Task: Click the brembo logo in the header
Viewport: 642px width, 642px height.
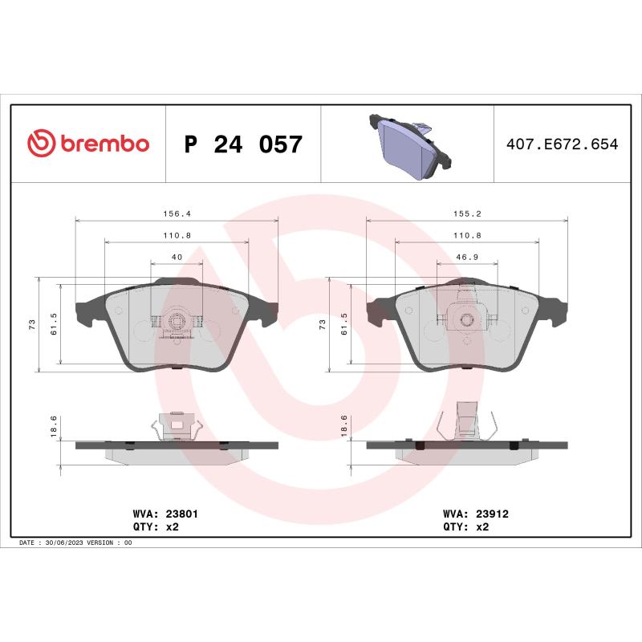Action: point(88,144)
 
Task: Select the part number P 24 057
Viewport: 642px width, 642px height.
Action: point(243,145)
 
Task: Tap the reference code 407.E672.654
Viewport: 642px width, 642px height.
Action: point(562,145)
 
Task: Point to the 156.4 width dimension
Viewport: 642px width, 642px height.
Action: point(177,213)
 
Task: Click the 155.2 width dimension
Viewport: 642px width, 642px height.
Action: point(466,213)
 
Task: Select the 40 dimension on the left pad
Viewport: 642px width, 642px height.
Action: point(177,256)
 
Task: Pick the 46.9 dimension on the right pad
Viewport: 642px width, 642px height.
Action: point(466,256)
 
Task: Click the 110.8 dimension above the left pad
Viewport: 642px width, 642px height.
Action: point(177,235)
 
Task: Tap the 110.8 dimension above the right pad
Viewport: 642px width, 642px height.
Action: point(466,235)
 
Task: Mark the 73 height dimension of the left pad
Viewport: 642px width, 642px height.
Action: point(32,323)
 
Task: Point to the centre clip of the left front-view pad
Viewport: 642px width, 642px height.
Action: point(177,323)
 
